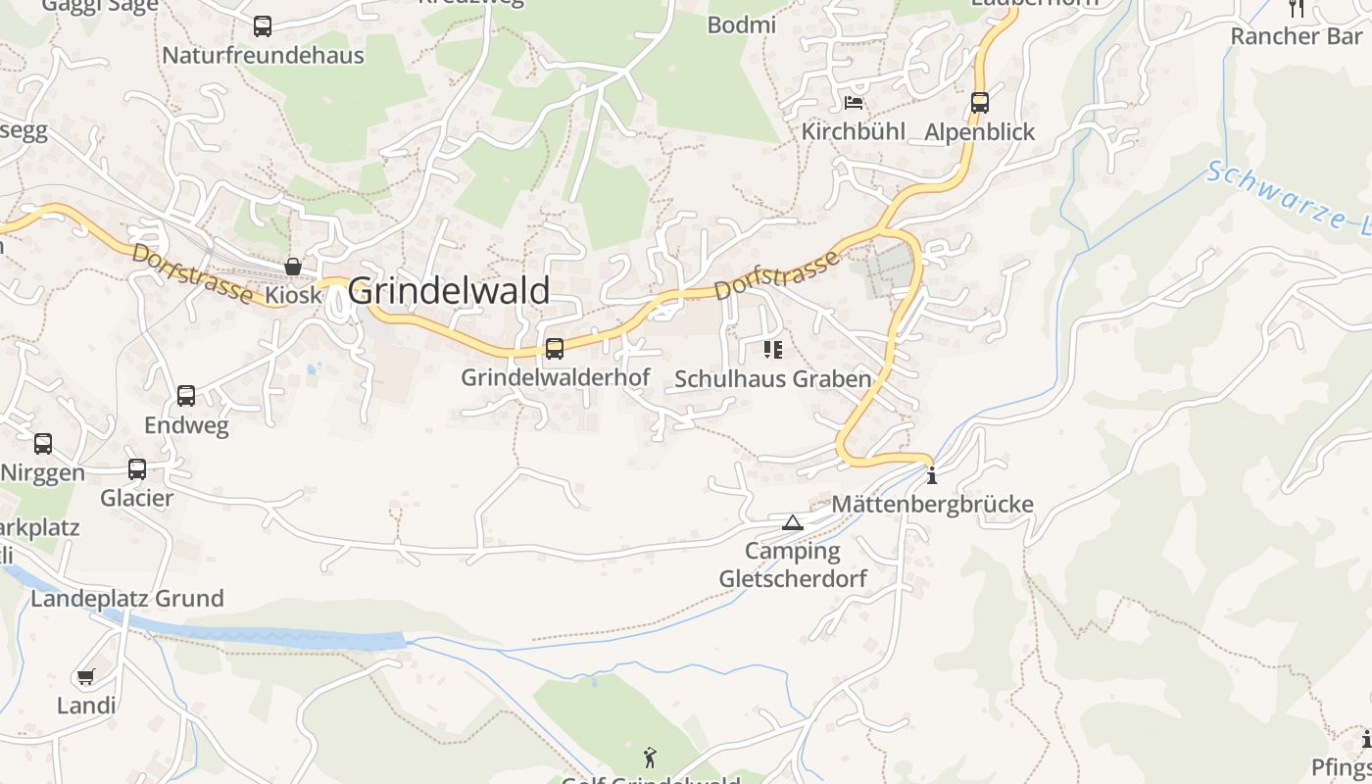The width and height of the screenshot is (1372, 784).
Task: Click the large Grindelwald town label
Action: click(449, 291)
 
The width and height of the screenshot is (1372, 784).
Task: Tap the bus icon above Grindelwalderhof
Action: click(555, 349)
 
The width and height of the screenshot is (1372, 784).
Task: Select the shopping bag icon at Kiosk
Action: click(292, 267)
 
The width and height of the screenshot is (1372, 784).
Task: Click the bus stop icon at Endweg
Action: click(186, 396)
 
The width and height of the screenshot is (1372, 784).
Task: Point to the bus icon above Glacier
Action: click(137, 469)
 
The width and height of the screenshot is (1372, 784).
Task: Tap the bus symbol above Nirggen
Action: click(43, 444)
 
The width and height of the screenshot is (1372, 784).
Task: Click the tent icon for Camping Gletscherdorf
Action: click(793, 522)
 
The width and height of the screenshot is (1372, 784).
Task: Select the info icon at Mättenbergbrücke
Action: click(931, 476)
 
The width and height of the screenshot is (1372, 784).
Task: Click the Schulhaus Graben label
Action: click(773, 379)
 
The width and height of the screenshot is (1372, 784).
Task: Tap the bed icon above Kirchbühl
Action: click(854, 103)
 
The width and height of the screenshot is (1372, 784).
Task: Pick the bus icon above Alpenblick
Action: click(979, 103)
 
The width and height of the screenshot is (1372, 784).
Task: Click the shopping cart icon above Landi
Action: click(86, 676)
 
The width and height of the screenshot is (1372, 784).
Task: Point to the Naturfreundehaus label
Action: click(263, 55)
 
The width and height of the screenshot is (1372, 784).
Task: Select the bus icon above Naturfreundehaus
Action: click(262, 26)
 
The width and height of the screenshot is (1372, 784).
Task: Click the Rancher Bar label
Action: click(1296, 36)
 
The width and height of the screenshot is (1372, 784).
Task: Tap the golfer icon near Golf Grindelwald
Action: click(650, 757)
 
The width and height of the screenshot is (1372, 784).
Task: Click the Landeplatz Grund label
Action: click(127, 598)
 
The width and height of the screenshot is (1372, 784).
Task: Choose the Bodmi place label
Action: click(742, 24)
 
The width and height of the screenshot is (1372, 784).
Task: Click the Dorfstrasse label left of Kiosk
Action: click(190, 273)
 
